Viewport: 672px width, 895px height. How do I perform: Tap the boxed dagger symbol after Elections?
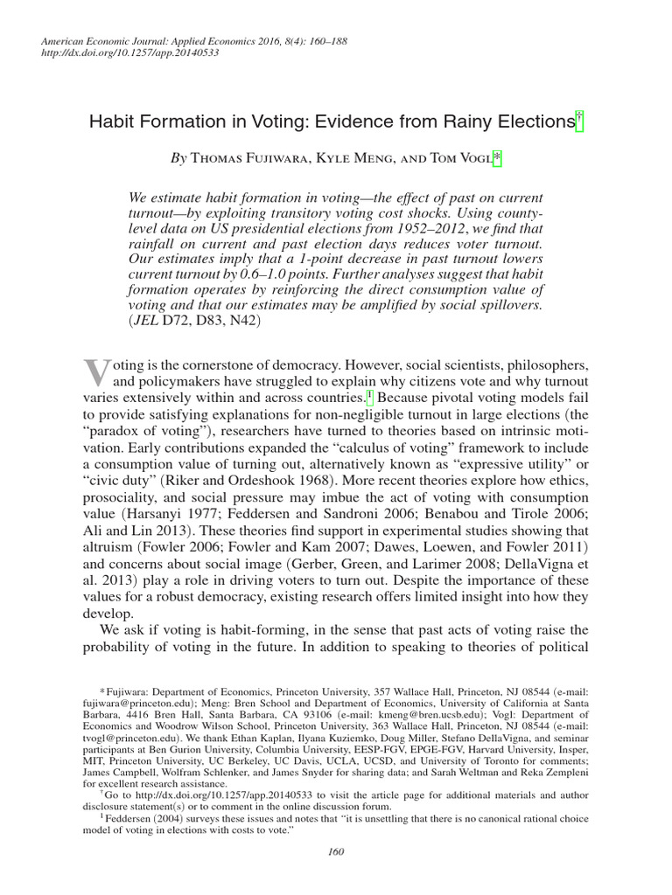pos(578,121)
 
